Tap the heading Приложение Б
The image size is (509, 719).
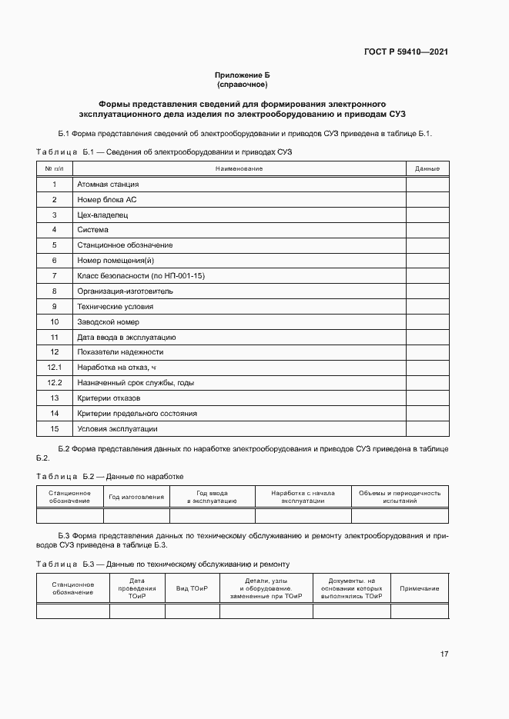point(243,75)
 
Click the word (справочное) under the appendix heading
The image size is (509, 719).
point(243,84)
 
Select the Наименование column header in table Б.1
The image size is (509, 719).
point(239,168)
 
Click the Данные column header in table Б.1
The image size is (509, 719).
point(427,168)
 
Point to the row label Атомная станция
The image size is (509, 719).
point(108,185)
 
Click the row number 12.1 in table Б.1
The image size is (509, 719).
point(55,368)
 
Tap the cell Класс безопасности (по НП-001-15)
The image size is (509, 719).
point(141,276)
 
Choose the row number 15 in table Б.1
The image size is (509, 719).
point(55,429)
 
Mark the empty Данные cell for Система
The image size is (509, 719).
point(427,230)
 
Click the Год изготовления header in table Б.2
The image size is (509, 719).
point(136,497)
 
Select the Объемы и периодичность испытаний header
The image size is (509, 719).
point(400,497)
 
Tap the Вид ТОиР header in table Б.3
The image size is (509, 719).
point(192,588)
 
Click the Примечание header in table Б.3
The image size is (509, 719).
point(419,588)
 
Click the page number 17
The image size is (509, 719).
point(444,654)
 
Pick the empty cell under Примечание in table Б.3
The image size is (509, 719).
point(419,611)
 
